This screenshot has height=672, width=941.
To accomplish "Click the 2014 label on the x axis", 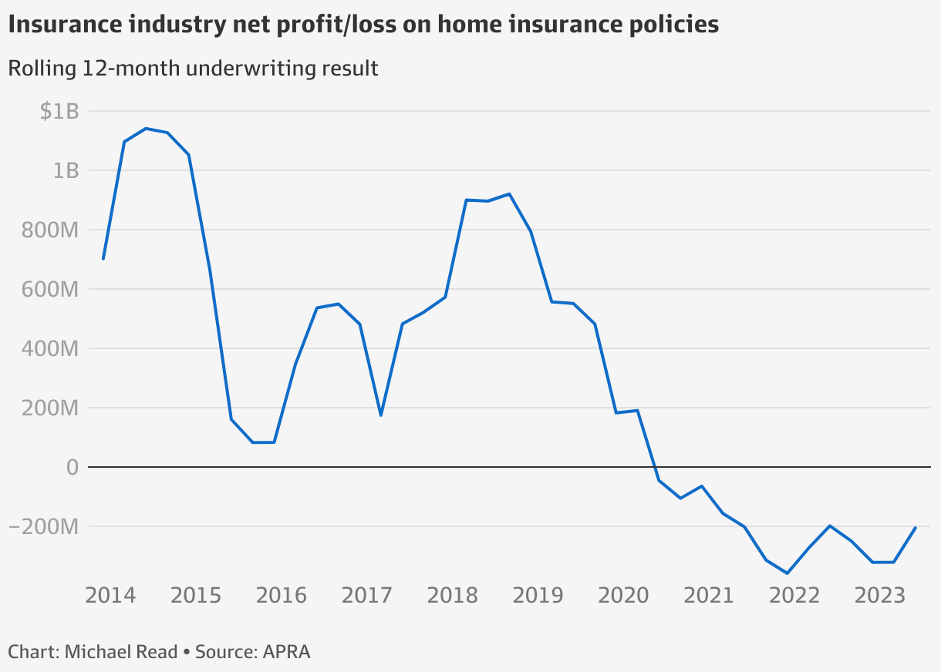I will tap(111, 596).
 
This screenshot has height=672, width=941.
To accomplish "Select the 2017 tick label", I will tap(367, 596).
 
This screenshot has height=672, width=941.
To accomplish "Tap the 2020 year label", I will tap(623, 596).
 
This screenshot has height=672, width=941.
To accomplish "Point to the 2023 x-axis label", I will tap(879, 596).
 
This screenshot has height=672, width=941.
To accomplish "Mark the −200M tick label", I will tap(44, 526).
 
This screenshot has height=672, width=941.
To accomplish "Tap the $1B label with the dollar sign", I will tap(59, 111).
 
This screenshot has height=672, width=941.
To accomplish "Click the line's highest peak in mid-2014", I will tap(147, 129).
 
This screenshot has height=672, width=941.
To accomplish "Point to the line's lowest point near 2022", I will tap(788, 573).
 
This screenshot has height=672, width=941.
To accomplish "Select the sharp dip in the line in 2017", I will tap(381, 415).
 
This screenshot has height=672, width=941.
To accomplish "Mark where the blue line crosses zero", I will tap(653, 467).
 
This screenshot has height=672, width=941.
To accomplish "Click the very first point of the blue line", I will tap(103, 259).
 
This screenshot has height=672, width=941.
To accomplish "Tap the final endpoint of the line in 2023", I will tap(915, 528).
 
